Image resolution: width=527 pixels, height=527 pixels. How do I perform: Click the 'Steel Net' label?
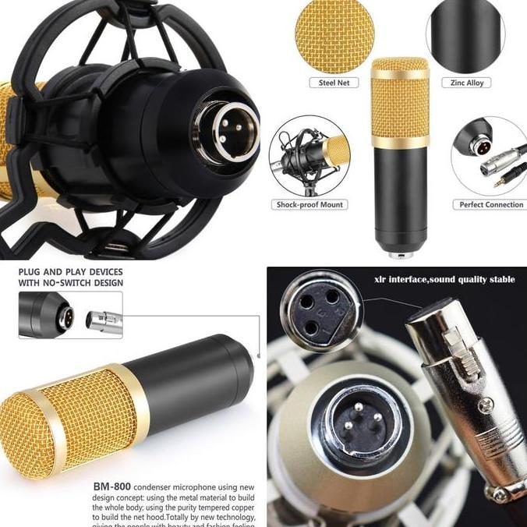pyautogui.click(x=333, y=83)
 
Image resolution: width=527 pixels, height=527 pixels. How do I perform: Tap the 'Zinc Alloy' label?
pyautogui.click(x=467, y=83)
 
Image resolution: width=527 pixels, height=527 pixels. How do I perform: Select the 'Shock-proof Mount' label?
pyautogui.click(x=309, y=204)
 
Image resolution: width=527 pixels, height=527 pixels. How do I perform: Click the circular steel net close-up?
pyautogui.click(x=333, y=36)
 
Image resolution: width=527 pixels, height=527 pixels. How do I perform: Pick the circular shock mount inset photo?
pyautogui.click(x=309, y=157)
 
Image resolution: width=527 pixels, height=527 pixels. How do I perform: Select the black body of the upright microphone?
pyautogui.click(x=400, y=195)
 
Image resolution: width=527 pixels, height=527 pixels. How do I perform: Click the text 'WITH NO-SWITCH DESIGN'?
pyautogui.click(x=70, y=283)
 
